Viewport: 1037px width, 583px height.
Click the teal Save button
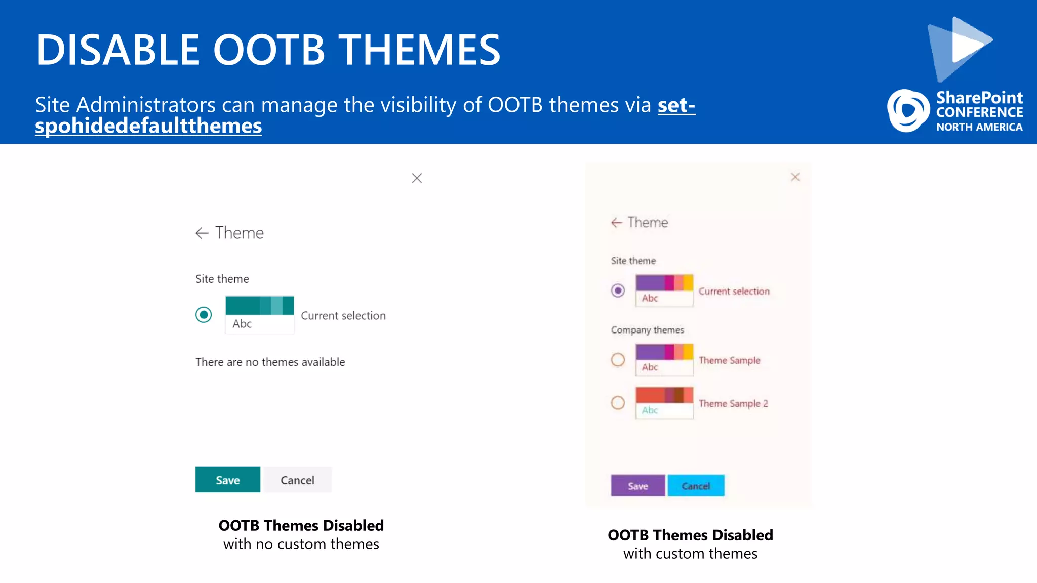point(227,479)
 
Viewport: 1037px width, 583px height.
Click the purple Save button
point(637,485)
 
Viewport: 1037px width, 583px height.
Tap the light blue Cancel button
point(696,485)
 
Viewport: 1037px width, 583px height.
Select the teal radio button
point(204,315)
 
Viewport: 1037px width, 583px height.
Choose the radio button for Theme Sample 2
point(618,403)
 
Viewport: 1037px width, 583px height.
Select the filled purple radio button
point(618,290)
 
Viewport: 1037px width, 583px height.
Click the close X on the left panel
point(417,178)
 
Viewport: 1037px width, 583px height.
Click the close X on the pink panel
point(795,177)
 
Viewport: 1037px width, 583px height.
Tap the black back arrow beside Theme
point(202,233)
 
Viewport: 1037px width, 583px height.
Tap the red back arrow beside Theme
point(616,223)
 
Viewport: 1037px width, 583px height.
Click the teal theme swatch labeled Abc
point(259,314)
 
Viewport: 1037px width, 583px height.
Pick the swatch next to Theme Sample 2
point(664,403)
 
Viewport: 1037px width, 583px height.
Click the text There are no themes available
point(270,362)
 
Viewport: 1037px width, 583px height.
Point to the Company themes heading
point(647,330)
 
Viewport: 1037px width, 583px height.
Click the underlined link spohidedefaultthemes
point(148,126)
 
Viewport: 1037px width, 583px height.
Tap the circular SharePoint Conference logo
point(908,110)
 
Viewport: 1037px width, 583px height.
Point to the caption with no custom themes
point(301,544)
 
